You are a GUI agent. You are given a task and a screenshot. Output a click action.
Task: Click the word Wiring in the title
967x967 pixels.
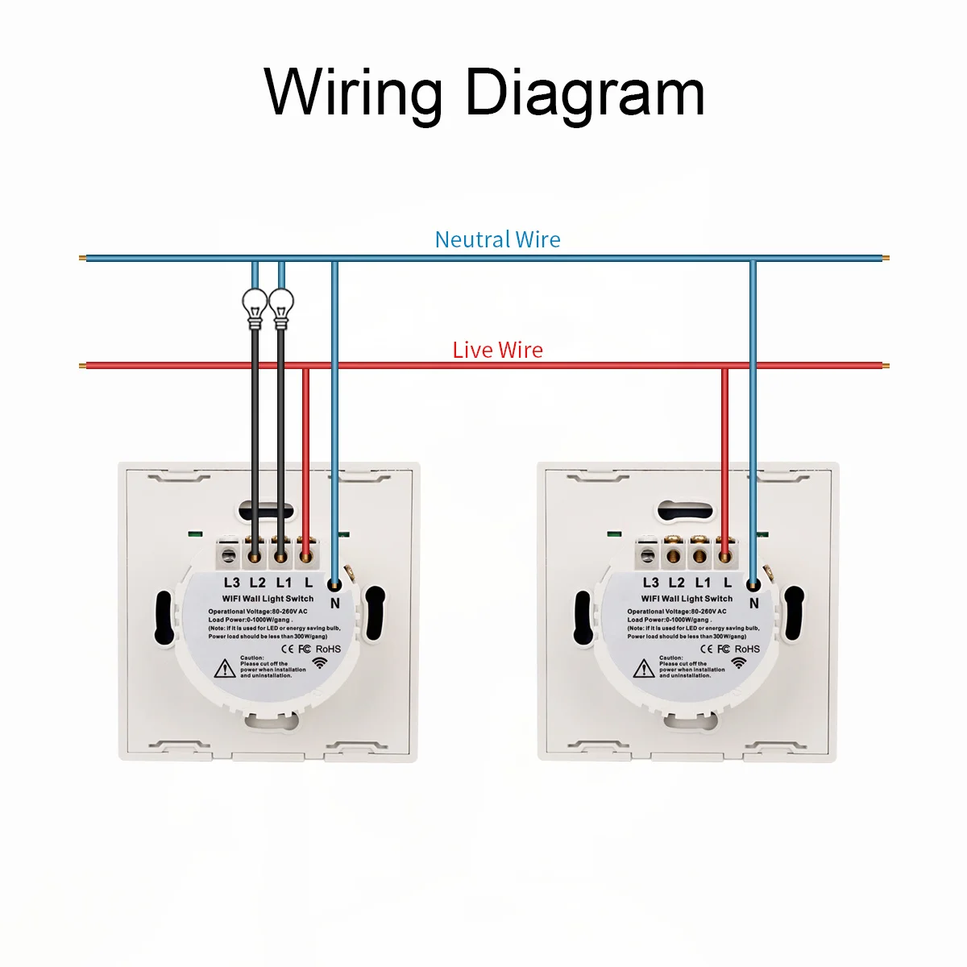tap(354, 93)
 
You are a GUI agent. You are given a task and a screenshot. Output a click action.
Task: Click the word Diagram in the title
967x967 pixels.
tap(584, 93)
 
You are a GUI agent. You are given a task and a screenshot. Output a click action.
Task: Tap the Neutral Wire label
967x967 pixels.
tap(497, 239)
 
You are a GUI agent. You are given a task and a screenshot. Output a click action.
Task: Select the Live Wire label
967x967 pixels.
tap(497, 350)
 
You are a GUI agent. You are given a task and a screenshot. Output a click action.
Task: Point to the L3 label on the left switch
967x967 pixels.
tap(232, 582)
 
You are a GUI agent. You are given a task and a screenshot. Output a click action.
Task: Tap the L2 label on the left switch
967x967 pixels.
tap(257, 582)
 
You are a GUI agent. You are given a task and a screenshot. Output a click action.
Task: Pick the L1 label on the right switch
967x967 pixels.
tap(703, 582)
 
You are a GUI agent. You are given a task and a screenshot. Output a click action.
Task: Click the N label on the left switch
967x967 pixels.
tap(335, 602)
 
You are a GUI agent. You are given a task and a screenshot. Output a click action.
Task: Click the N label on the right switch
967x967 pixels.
tap(754, 602)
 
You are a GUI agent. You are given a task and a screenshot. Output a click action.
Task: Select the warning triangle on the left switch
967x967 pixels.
tap(225, 668)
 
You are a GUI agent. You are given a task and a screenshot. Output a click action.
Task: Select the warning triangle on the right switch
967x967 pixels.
tap(644, 668)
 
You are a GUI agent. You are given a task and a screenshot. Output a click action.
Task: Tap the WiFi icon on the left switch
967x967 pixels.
tap(321, 663)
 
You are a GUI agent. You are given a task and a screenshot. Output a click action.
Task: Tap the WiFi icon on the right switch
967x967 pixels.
tap(739, 663)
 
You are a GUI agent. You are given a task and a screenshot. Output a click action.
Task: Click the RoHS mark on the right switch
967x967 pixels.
tap(747, 649)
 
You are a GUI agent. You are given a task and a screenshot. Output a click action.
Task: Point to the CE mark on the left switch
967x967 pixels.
tap(284, 649)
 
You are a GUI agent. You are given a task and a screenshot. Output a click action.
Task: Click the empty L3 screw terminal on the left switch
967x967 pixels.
tap(230, 554)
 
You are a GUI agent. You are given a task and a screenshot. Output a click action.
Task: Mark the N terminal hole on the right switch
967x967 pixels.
tap(753, 586)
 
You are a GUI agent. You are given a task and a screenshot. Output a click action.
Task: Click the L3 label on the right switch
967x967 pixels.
tap(651, 582)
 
